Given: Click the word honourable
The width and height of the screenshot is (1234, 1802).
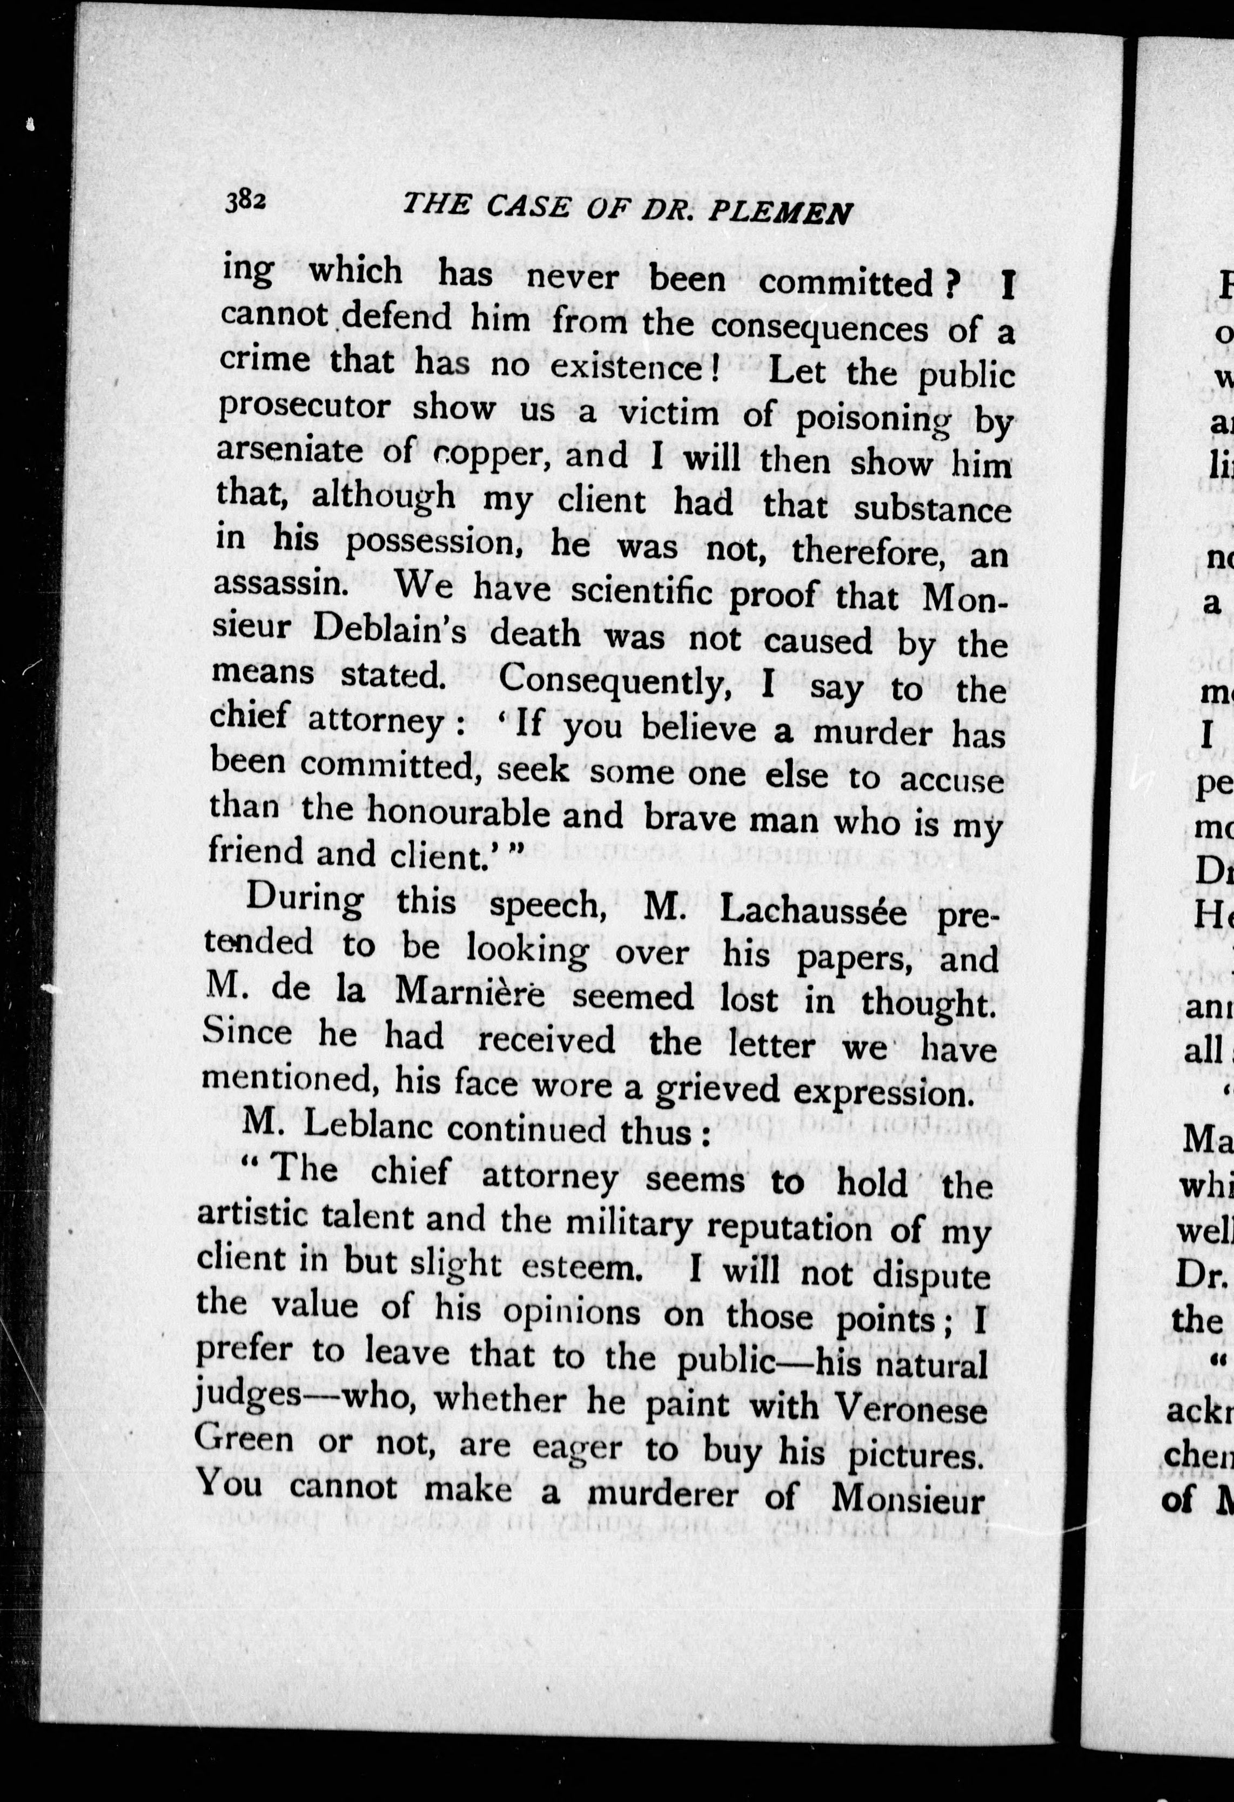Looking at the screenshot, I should pyautogui.click(x=495, y=812).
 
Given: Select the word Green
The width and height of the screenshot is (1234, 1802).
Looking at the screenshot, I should pyautogui.click(x=244, y=1438).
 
